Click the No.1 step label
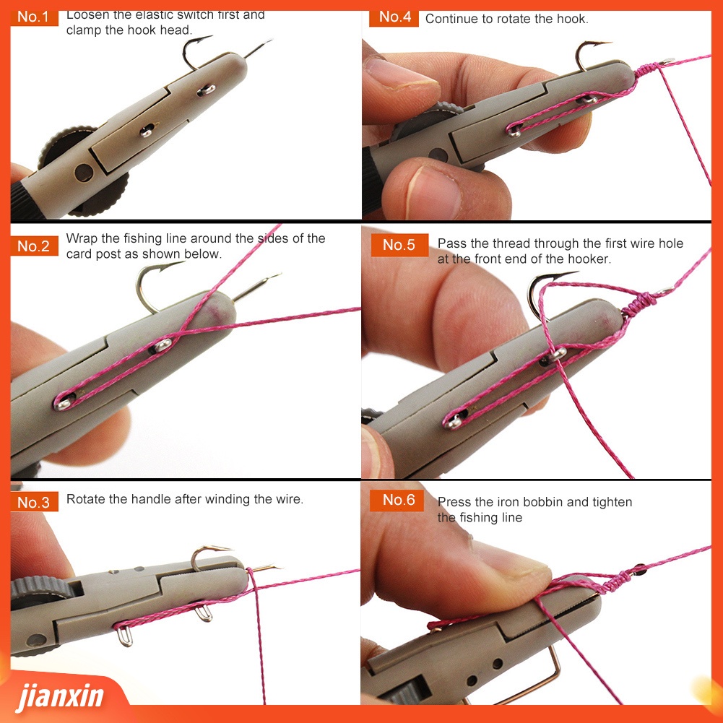point(34,17)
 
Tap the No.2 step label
point(34,246)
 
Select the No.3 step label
point(34,502)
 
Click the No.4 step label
point(394,17)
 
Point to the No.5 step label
point(399,245)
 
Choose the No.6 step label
point(397,500)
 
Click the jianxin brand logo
point(60,696)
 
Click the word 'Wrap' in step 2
point(82,238)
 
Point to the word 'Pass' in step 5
point(451,243)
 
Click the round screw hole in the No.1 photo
point(84,173)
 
